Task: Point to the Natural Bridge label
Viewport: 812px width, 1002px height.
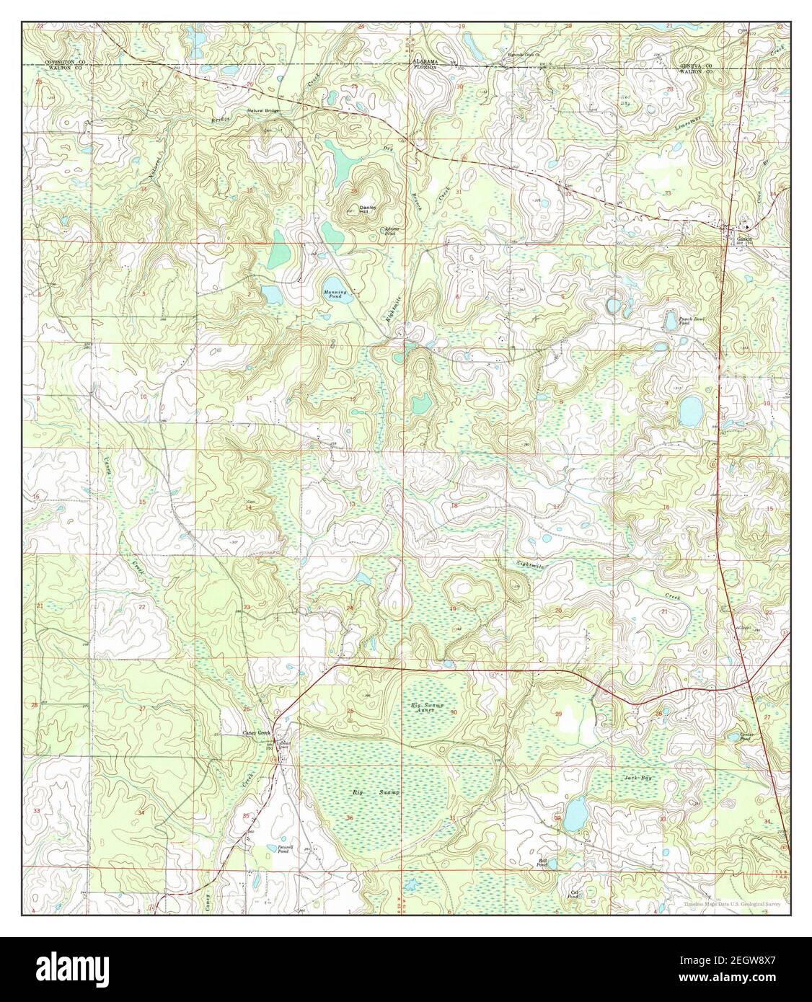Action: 262,110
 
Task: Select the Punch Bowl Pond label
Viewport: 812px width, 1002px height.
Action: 679,322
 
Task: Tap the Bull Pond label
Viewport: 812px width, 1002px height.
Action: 542,863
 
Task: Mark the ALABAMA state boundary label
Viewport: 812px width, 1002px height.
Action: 425,61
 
